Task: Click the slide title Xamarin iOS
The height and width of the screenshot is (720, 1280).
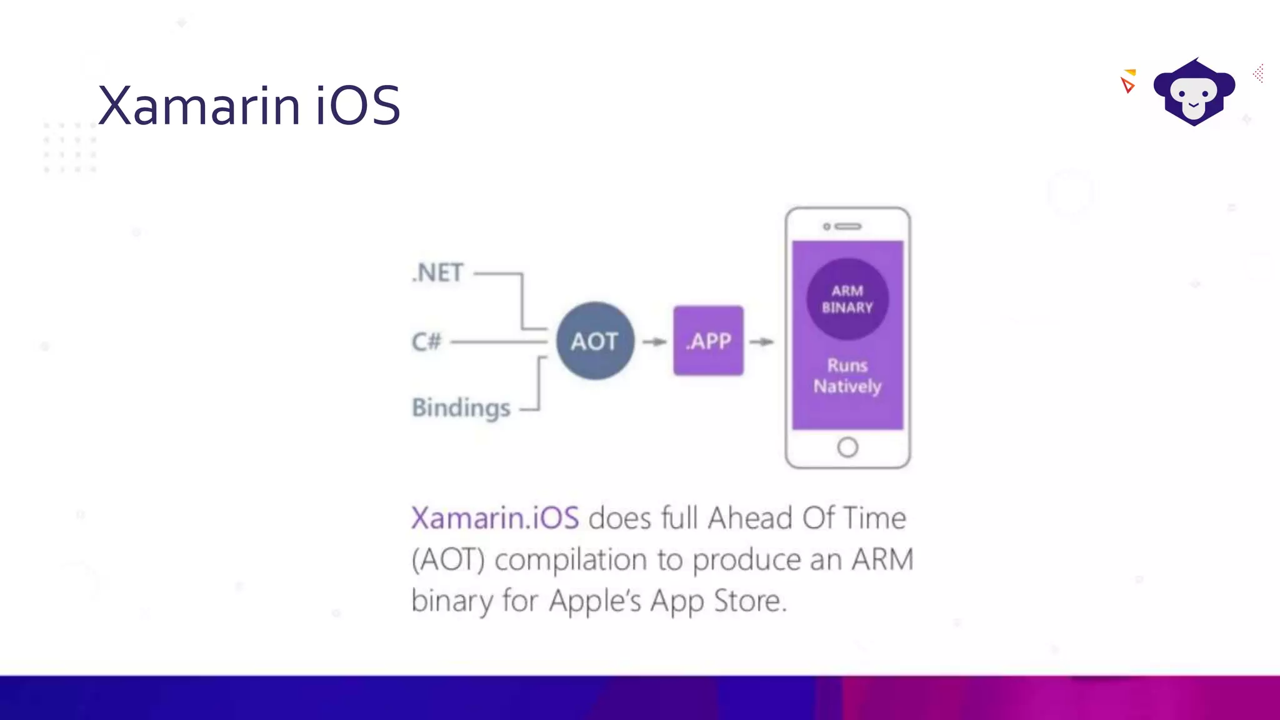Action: [x=249, y=106]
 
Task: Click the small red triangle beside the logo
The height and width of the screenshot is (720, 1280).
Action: [x=1127, y=85]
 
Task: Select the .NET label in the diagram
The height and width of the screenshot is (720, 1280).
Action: [x=437, y=273]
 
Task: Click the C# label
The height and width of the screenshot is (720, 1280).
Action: [x=426, y=342]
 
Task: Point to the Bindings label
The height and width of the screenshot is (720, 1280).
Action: [x=461, y=408]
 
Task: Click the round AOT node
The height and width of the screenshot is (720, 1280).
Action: [x=595, y=341]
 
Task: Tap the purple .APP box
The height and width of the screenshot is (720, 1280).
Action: [x=708, y=341]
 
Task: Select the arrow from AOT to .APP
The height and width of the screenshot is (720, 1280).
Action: [x=654, y=342]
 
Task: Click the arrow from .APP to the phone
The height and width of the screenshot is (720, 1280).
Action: [x=762, y=342]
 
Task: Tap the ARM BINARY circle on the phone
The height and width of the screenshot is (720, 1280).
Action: [x=847, y=299]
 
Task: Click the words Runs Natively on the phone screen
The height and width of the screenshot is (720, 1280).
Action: [x=847, y=376]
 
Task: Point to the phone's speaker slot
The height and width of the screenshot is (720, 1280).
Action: [x=847, y=226]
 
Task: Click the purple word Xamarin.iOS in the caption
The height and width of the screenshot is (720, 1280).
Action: [x=495, y=518]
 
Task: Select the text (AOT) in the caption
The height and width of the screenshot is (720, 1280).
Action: [x=447, y=559]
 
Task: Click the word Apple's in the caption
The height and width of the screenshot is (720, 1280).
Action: [x=595, y=601]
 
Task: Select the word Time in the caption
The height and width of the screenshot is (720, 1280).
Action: [x=874, y=518]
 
